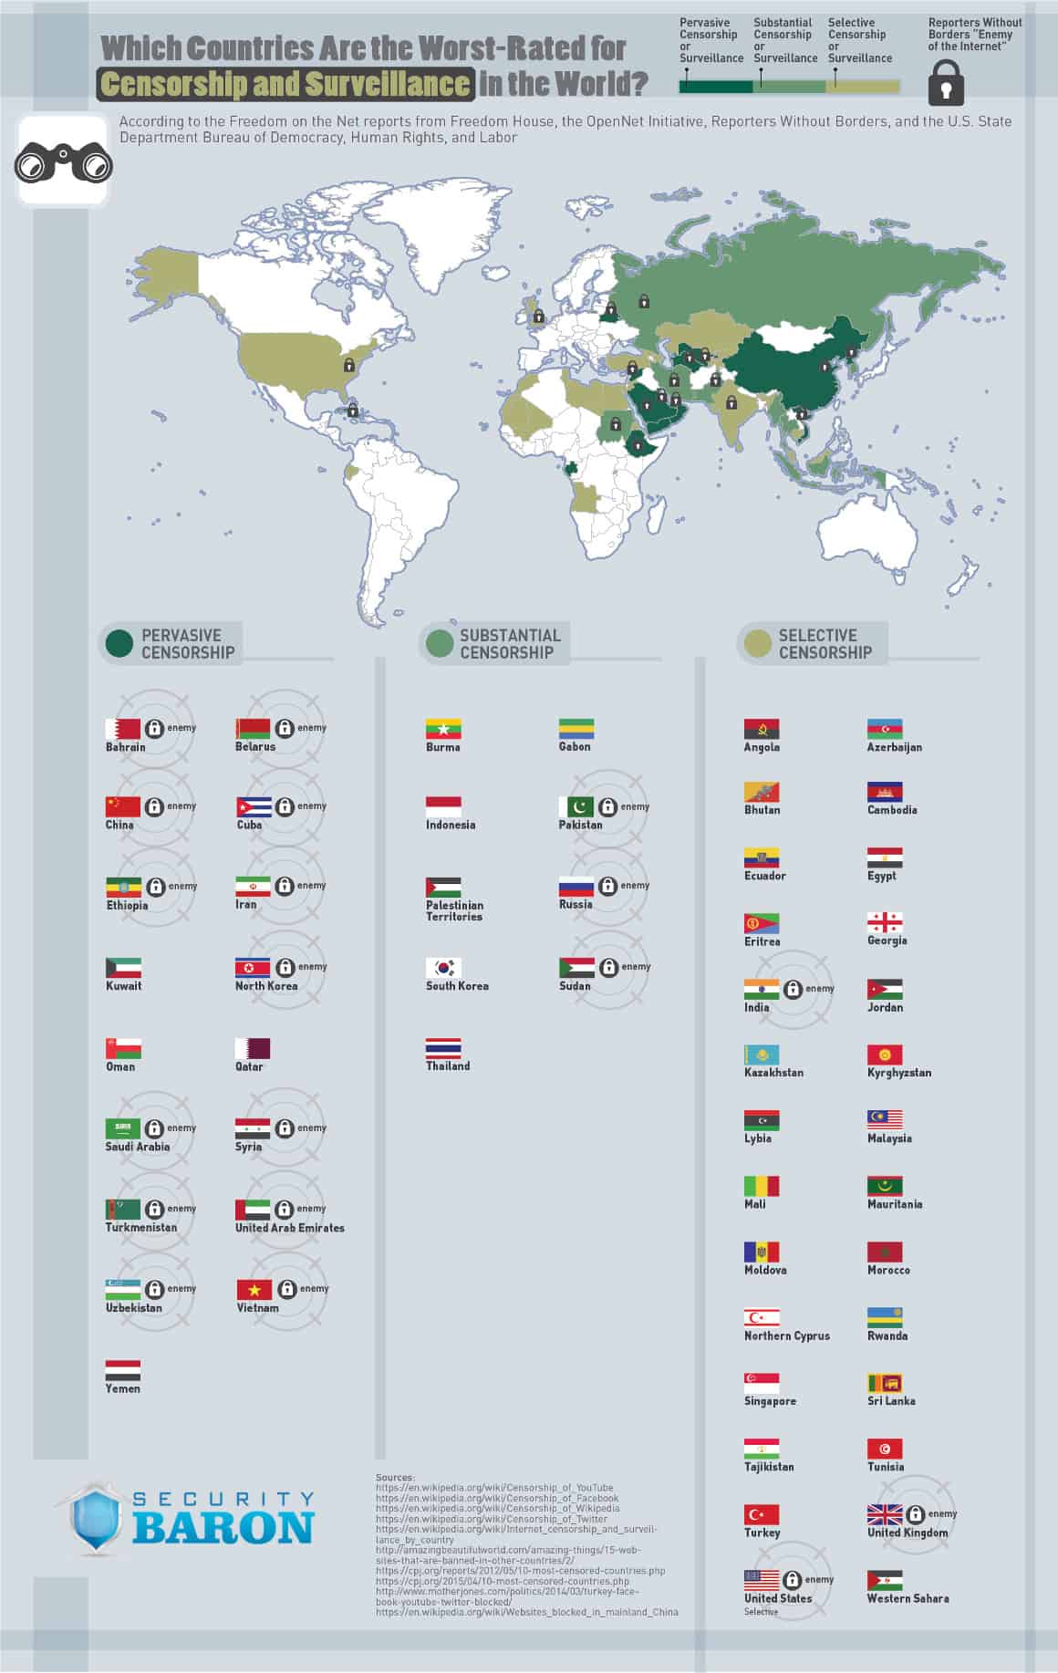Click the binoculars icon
(62, 162)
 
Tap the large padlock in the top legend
(946, 84)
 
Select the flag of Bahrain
(123, 729)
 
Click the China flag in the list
(123, 806)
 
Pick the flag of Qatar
(253, 1048)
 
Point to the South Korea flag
(443, 967)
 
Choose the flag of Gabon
(576, 729)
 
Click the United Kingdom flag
(885, 1514)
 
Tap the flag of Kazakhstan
(762, 1055)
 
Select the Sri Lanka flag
(885, 1383)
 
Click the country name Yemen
(123, 1388)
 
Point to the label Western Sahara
(908, 1598)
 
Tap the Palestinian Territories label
(454, 911)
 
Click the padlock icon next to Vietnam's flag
(286, 1289)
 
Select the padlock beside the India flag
(793, 989)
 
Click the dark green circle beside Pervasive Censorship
(119, 643)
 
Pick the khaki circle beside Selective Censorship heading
(757, 643)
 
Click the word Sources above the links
(394, 1477)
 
